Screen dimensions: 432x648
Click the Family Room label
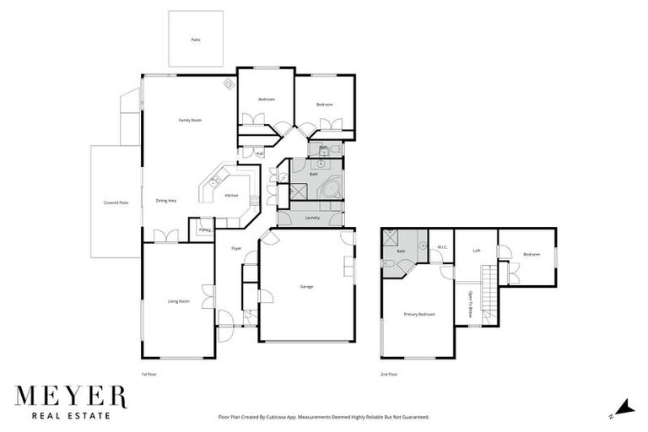pyautogui.click(x=190, y=121)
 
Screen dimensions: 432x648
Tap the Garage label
pyautogui.click(x=306, y=287)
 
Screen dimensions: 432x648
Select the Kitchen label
pyautogui.click(x=231, y=196)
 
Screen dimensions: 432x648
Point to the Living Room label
pyautogui.click(x=177, y=301)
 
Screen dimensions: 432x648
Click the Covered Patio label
pyautogui.click(x=116, y=203)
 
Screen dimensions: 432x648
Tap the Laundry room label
pyautogui.click(x=309, y=218)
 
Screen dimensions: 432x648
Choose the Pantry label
pyautogui.click(x=204, y=229)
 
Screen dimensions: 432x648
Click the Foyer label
pyautogui.click(x=237, y=248)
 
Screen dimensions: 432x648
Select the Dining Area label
pyautogui.click(x=165, y=201)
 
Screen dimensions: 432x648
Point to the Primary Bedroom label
pyautogui.click(x=419, y=315)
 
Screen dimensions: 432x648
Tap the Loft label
pyautogui.click(x=476, y=251)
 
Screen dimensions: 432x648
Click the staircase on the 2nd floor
pyautogui.click(x=488, y=291)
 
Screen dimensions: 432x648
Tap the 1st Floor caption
pyautogui.click(x=150, y=373)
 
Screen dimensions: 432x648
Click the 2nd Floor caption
pyautogui.click(x=389, y=373)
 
